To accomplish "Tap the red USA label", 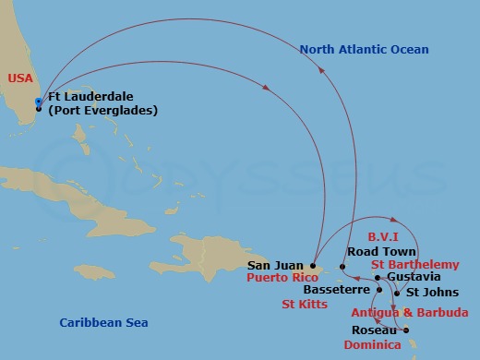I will tap(20, 79).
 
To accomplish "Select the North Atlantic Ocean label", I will tap(364, 49).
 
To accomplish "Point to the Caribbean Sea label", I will tap(103, 322).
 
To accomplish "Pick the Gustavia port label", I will tap(414, 276).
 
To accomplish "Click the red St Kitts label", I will tap(304, 303).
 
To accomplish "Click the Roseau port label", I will tap(374, 330).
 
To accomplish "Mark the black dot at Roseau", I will tap(405, 330).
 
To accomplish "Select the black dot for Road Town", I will tap(342, 267).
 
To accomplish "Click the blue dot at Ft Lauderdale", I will tap(38, 101).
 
